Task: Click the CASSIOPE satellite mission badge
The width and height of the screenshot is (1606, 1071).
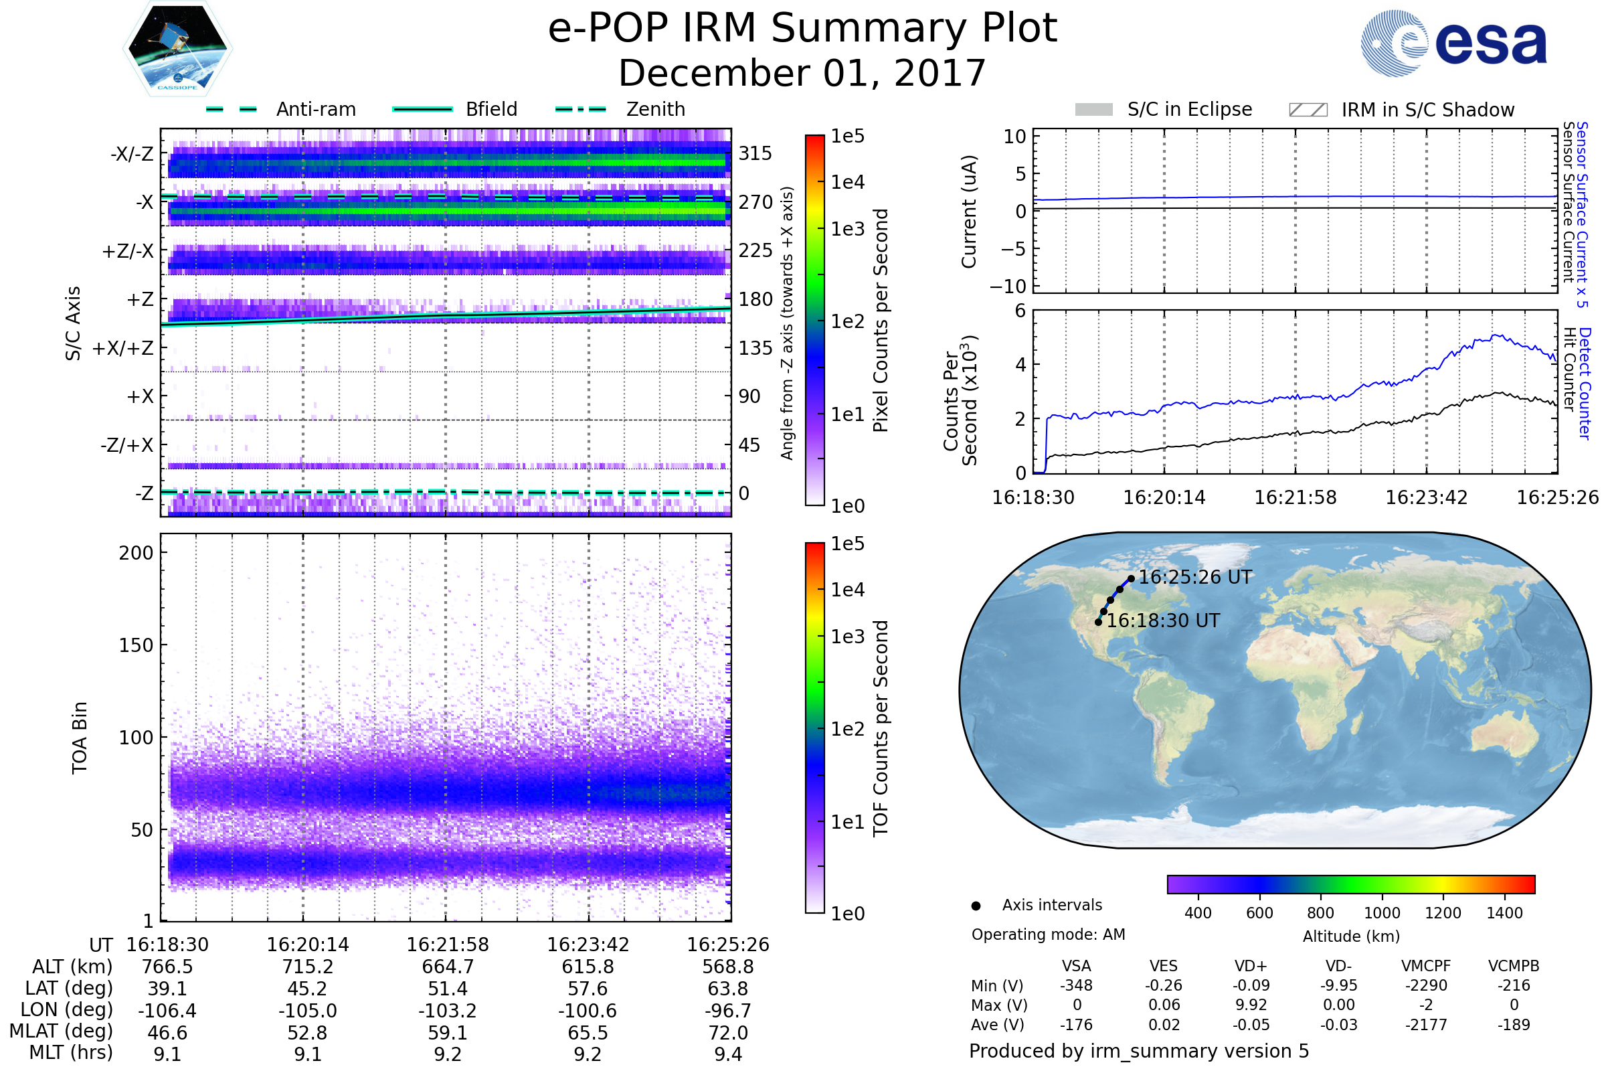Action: (177, 48)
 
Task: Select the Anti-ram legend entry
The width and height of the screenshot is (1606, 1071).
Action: (280, 109)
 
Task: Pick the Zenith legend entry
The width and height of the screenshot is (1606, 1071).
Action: (620, 109)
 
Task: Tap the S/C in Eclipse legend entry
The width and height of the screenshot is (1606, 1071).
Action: (1164, 109)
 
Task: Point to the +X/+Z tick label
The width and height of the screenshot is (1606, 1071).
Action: (123, 348)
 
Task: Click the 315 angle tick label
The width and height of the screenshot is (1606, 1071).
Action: (755, 153)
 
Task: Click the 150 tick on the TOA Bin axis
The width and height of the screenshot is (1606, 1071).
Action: (136, 645)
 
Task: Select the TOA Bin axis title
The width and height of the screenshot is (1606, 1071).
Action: (79, 738)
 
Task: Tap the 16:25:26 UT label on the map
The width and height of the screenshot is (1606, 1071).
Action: (1196, 577)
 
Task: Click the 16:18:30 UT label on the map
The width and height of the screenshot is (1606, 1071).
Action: (1163, 621)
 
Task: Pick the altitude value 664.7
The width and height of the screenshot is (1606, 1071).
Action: (448, 967)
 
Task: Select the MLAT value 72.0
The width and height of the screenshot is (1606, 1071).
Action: (728, 1033)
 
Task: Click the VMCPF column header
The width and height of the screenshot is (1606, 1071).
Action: (1426, 967)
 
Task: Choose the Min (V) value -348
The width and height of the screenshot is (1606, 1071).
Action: (1076, 985)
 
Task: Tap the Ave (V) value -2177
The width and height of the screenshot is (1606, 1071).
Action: (1426, 1025)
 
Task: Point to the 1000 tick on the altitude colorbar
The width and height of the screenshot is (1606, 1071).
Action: (1382, 913)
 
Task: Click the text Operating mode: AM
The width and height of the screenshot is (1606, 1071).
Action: (1048, 934)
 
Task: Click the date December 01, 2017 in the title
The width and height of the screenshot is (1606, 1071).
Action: (802, 73)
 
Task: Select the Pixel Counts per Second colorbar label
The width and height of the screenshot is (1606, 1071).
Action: (881, 321)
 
